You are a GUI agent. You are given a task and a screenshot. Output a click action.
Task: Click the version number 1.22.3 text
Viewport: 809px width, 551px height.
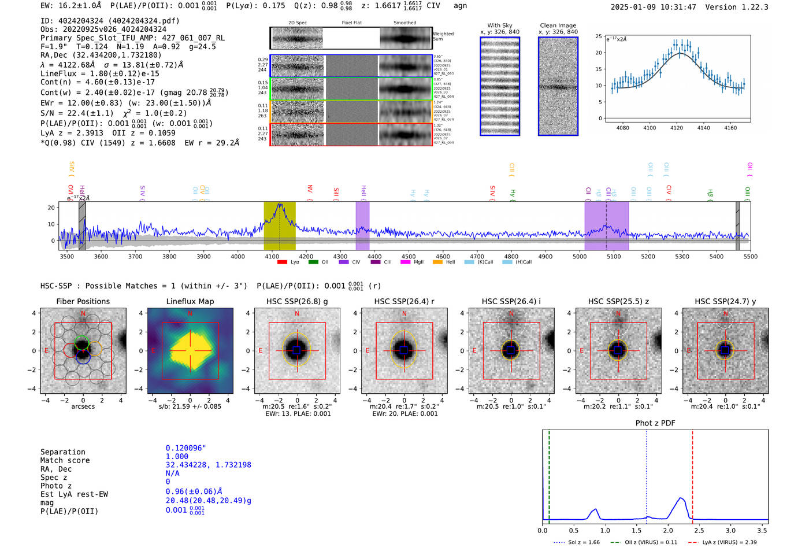[x=747, y=7]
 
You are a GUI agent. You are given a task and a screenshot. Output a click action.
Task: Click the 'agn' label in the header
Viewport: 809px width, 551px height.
[x=460, y=6]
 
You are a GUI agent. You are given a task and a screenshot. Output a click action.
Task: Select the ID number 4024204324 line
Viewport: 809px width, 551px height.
[x=110, y=21]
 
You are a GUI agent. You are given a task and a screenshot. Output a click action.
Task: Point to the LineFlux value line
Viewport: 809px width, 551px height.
[x=99, y=73]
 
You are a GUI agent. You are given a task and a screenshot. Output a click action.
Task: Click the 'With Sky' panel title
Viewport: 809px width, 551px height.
[x=499, y=25]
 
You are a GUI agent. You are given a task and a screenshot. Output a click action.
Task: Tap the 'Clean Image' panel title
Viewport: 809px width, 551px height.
[x=558, y=25]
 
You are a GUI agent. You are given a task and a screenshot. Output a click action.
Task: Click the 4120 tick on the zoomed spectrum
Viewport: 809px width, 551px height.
[x=677, y=128]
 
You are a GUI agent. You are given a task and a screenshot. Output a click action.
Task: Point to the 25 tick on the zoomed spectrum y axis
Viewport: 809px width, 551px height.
[x=599, y=36]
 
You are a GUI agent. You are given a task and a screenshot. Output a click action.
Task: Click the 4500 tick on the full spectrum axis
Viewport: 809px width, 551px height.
[x=409, y=257]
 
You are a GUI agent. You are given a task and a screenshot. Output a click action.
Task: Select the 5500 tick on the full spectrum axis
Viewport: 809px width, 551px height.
[x=750, y=257]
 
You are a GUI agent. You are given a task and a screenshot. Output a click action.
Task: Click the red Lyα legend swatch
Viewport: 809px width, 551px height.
[x=282, y=262]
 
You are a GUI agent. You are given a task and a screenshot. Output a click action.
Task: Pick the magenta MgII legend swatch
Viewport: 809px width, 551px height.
[x=405, y=262]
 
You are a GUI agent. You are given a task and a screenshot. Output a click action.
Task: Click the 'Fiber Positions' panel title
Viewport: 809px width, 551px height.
[x=83, y=301]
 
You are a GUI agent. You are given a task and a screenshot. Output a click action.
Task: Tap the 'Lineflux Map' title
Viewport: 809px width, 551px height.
[x=190, y=301]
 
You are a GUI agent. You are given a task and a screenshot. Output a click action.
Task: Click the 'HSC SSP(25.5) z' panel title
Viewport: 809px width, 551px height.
[x=618, y=301]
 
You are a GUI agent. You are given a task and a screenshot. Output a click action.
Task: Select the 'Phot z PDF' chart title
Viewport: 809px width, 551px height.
[x=655, y=423]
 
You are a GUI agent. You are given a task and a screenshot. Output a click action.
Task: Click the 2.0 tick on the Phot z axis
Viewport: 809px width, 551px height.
[x=668, y=530]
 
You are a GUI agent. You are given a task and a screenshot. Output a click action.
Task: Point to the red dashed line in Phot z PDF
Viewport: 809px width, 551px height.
[x=692, y=474]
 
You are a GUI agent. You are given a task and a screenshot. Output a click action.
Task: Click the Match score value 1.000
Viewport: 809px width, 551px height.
[x=177, y=457]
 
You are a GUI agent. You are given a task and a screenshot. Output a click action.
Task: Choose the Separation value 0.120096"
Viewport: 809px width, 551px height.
[x=186, y=448]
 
